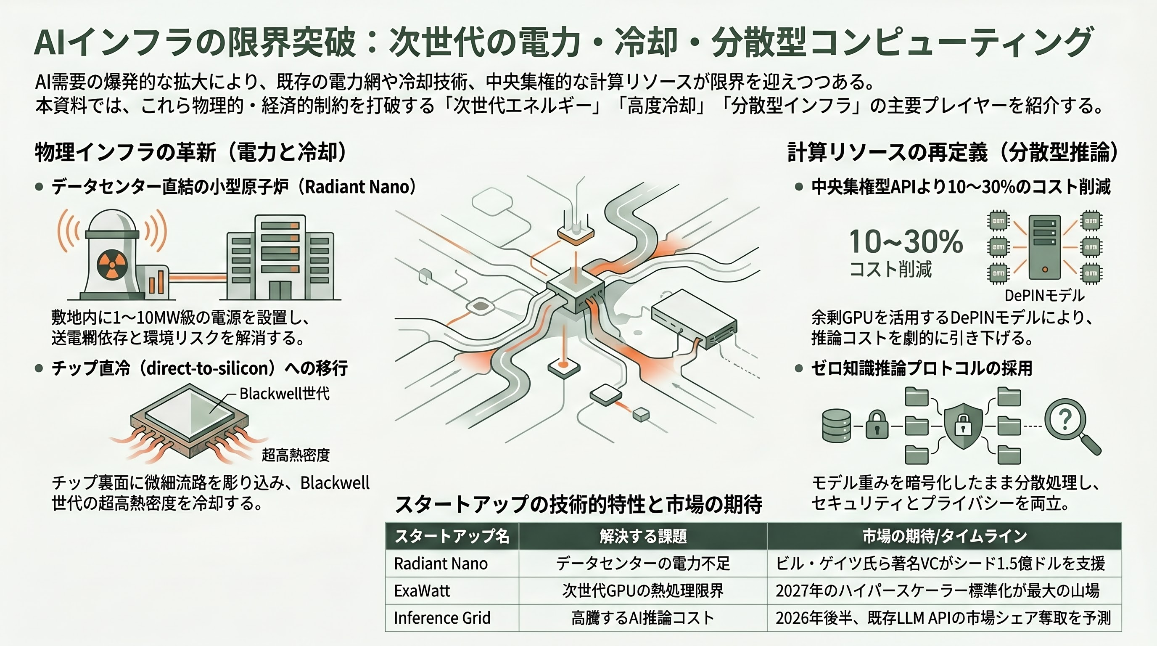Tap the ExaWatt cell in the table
click(x=422, y=591)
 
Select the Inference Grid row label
click(x=442, y=618)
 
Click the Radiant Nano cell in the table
click(x=441, y=563)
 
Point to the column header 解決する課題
click(x=643, y=536)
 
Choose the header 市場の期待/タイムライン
click(x=945, y=536)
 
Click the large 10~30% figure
click(x=906, y=242)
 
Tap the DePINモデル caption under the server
click(x=1044, y=296)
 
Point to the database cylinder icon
click(x=836, y=426)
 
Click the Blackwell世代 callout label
click(x=284, y=394)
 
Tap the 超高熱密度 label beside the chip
click(x=296, y=455)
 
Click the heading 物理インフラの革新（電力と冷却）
click(x=191, y=152)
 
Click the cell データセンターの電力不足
click(x=643, y=563)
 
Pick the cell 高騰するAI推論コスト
click(x=643, y=618)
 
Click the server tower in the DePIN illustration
click(x=1044, y=247)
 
